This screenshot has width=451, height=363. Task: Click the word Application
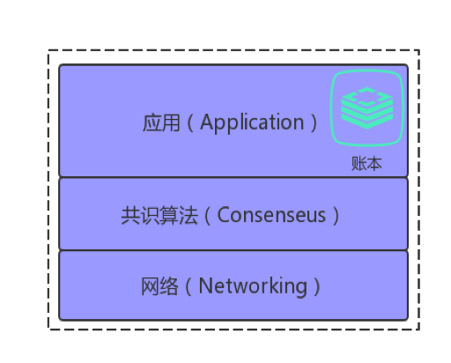252,122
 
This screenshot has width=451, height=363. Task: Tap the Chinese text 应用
161,122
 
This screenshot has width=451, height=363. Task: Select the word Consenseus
271,215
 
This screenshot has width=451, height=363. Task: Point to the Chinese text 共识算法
159,215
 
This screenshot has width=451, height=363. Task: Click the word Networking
253,286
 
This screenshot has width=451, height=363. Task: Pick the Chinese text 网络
159,286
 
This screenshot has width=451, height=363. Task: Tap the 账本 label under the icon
366,164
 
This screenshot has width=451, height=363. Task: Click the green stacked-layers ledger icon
367,107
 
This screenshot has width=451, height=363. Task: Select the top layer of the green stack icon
367,97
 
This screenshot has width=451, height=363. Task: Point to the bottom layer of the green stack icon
367,121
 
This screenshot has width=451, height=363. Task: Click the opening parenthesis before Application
190,122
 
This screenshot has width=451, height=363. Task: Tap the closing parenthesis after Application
314,122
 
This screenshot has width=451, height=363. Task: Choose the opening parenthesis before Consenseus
207,216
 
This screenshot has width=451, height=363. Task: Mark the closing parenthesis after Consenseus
336,216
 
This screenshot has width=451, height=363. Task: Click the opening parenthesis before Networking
189,286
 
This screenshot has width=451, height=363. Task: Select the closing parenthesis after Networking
317,286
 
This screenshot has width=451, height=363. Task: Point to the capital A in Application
207,122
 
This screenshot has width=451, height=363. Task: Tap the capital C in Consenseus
223,215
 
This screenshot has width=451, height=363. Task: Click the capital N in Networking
205,285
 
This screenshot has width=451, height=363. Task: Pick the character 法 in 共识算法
189,215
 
